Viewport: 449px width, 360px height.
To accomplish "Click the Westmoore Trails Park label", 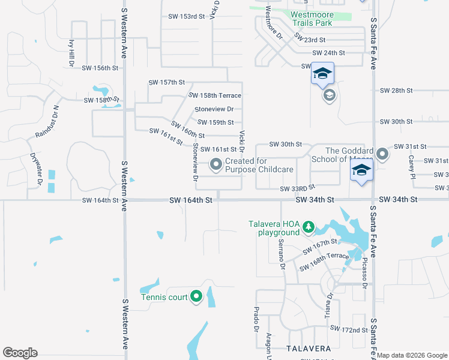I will (312, 19).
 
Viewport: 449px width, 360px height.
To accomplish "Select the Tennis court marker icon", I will (196, 296).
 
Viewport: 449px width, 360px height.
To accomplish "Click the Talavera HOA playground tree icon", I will (308, 227).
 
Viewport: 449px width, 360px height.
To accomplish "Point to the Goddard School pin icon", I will (383, 155).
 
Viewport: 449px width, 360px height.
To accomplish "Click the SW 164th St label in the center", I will (191, 199).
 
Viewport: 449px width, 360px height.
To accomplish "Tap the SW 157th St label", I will (166, 82).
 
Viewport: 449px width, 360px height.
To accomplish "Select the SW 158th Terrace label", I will (215, 95).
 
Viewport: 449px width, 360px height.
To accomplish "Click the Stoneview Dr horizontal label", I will (214, 109).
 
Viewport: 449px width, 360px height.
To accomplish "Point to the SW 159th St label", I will (215, 122).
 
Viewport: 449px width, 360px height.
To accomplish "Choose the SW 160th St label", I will (188, 130).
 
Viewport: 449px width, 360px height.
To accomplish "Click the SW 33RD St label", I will (297, 188).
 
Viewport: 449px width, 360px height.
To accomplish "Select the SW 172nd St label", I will (349, 329).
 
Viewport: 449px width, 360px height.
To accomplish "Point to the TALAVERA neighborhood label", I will (308, 349).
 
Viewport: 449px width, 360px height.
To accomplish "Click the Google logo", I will (20, 353).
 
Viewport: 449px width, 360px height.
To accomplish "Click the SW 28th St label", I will (396, 91).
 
